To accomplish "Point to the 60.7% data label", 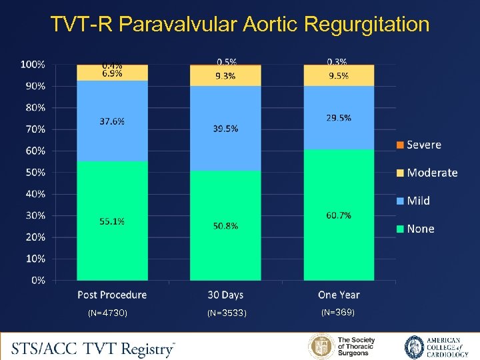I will (x=339, y=215).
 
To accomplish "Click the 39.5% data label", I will (x=225, y=128).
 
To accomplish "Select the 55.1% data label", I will (x=112, y=221).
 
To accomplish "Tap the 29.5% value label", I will (x=339, y=117).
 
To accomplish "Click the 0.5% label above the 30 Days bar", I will (x=225, y=61).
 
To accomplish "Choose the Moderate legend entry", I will (x=431, y=173).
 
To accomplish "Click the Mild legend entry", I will (x=418, y=201).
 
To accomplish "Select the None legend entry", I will (x=420, y=229).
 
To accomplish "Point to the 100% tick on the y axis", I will (x=33, y=65).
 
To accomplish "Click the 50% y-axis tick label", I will (x=35, y=172).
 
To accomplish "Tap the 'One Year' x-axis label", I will (x=339, y=295).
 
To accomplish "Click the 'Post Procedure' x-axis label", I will (x=112, y=295).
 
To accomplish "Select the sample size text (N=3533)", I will (x=227, y=313).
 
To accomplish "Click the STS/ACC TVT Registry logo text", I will (x=93, y=347).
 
